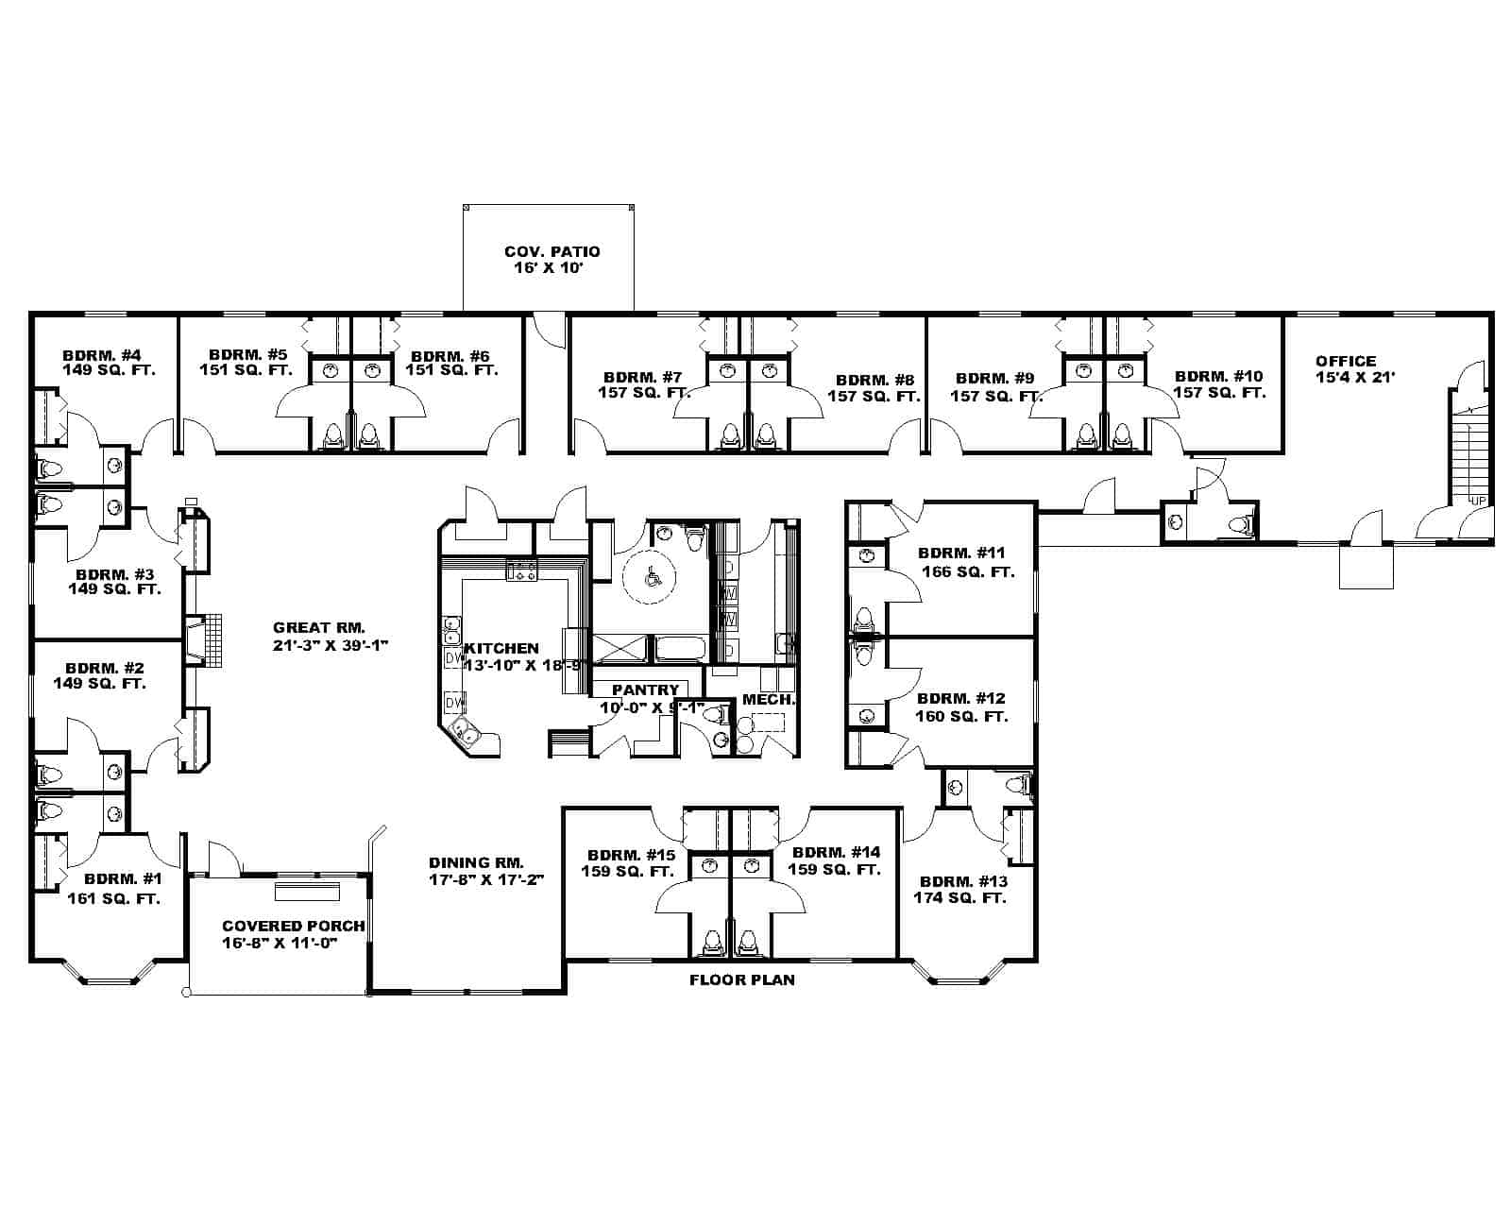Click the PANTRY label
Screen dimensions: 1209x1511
[x=645, y=690]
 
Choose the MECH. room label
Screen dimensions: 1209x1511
[x=768, y=700]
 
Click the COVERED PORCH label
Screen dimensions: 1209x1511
[x=293, y=927]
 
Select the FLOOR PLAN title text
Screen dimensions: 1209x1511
[x=741, y=979]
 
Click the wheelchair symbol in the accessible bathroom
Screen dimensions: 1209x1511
[x=651, y=574]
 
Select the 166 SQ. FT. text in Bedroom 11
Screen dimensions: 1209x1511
[x=967, y=572]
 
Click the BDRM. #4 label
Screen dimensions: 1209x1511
[x=101, y=355]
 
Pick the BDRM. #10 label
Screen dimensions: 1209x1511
[x=1218, y=376]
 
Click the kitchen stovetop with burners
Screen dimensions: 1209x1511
[x=521, y=570]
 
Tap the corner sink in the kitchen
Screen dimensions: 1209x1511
[x=465, y=730]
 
